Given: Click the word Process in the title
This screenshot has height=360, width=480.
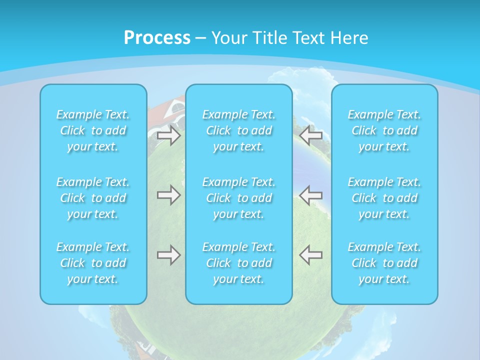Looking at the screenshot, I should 157,38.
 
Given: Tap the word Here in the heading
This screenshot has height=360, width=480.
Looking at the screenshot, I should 349,38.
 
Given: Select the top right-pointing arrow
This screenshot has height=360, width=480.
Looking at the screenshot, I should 168,135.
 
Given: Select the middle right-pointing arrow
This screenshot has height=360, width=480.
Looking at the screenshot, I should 168,195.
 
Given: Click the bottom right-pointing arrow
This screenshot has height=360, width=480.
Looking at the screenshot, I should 168,255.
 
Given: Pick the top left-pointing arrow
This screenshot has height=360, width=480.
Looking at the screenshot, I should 311,134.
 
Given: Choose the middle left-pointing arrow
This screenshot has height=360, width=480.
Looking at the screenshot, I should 311,195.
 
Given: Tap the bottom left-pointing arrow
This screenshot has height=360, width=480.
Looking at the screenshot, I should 311,255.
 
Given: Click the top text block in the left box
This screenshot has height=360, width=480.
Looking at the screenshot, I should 93,130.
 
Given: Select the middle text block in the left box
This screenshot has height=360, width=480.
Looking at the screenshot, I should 93,198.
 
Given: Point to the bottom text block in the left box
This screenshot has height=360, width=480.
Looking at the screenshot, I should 93,263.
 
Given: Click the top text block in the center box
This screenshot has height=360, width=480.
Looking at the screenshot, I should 239,130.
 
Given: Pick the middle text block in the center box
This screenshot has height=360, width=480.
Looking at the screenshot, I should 239,198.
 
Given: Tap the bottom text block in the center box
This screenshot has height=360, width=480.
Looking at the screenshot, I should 239,263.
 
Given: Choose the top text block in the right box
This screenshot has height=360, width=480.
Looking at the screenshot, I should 384,130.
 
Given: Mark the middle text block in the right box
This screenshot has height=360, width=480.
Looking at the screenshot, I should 384,198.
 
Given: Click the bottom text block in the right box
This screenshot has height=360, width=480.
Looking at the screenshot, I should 384,263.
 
